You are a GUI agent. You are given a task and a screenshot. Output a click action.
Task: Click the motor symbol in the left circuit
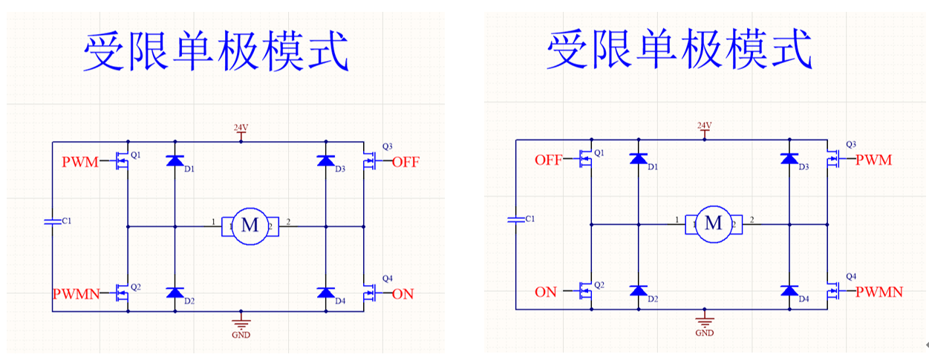(x=250, y=226)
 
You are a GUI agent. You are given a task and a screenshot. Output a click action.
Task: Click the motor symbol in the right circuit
(x=713, y=223)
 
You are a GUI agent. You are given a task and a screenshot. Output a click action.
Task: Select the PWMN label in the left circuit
(x=76, y=294)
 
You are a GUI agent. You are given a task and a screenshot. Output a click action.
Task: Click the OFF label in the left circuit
(x=405, y=163)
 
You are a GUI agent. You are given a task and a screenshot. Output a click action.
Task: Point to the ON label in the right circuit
(x=546, y=292)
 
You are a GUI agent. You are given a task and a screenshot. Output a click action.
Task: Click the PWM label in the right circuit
(x=873, y=160)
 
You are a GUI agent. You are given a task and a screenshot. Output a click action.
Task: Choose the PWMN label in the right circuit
(x=879, y=292)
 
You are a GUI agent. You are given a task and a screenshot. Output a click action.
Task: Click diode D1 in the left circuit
(x=175, y=160)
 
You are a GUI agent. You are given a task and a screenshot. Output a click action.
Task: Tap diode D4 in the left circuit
(x=325, y=292)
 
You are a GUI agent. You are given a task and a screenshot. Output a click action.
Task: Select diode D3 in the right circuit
(x=789, y=158)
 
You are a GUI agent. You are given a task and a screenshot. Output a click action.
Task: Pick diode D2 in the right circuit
(x=638, y=290)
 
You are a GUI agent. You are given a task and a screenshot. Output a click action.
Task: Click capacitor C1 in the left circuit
(x=52, y=221)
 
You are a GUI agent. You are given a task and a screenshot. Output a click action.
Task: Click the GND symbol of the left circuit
(x=241, y=323)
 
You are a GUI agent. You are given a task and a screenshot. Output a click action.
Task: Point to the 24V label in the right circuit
(x=704, y=125)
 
